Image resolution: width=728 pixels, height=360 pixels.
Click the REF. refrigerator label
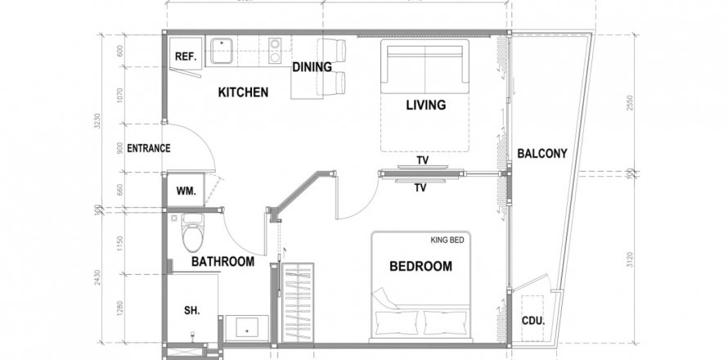(x=185, y=58)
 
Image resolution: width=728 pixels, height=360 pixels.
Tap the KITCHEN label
(x=242, y=92)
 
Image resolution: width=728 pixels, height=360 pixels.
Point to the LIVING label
(x=425, y=105)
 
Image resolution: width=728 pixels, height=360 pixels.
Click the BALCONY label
(x=542, y=153)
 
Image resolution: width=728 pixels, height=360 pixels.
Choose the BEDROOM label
(x=420, y=267)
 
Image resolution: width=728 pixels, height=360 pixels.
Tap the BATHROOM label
(x=222, y=262)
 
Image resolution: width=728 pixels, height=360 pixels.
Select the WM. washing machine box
(x=185, y=191)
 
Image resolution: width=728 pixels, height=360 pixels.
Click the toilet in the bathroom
(x=193, y=232)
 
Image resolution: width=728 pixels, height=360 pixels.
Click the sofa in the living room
(x=425, y=66)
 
